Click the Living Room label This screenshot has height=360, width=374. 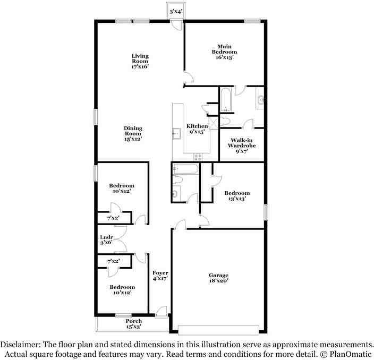[140, 58]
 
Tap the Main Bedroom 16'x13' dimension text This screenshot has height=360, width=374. [224, 57]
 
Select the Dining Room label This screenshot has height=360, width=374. [133, 131]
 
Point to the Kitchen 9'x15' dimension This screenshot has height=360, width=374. [197, 132]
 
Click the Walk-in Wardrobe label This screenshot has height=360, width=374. [242, 143]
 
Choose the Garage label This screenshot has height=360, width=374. [218, 275]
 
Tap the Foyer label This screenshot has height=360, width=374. [160, 273]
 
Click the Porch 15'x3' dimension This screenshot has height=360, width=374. [134, 327]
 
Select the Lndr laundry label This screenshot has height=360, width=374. [106, 237]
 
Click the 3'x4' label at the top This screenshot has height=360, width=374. [176, 11]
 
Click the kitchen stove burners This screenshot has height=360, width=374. [198, 157]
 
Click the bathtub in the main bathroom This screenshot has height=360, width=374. [225, 100]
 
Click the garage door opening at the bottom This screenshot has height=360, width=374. [218, 330]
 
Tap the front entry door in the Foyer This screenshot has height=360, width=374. [161, 312]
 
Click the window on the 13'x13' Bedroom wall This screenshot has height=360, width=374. [266, 212]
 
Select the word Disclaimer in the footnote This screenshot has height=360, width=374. [20, 345]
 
